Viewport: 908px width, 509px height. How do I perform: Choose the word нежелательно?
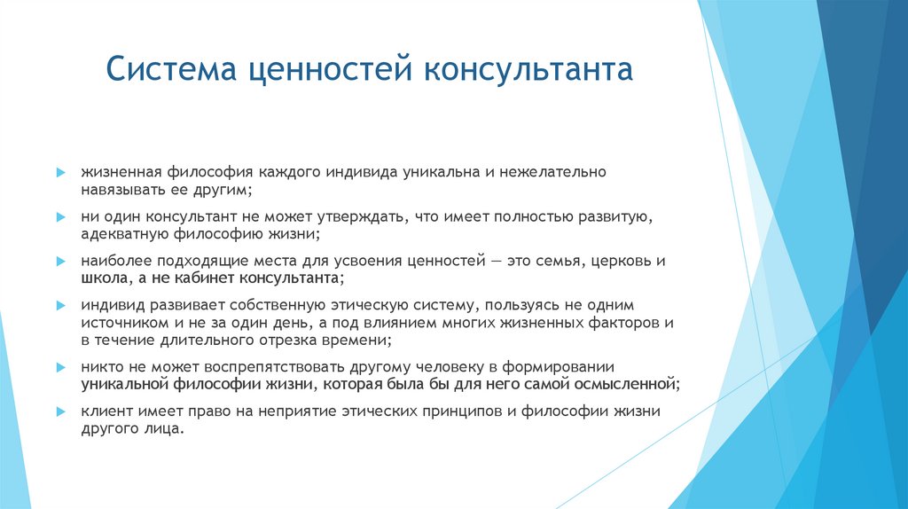pyautogui.click(x=552, y=172)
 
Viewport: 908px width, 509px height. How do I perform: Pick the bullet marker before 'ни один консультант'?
pyautogui.click(x=59, y=216)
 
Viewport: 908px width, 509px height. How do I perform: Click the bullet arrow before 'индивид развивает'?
pyautogui.click(x=59, y=306)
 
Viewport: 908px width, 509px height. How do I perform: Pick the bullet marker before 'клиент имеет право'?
pyautogui.click(x=59, y=412)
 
